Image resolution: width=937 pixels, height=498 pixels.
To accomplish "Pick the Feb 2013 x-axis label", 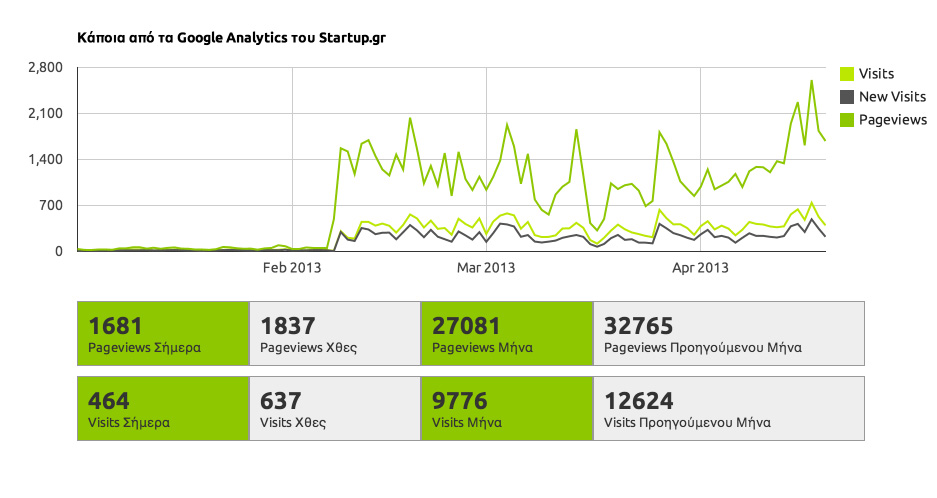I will [292, 268].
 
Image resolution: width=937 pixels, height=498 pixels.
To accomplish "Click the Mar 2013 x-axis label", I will [485, 268].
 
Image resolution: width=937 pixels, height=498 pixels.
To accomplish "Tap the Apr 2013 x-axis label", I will [700, 268].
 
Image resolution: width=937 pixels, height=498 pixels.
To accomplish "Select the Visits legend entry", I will [876, 74].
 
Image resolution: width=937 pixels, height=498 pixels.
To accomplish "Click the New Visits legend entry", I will [892, 97].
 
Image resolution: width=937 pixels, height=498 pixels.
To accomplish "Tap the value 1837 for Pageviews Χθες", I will [287, 326].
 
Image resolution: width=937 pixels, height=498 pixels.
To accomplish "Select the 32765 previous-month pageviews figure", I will [638, 326].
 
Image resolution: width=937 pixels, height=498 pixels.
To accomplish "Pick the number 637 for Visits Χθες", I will [280, 401].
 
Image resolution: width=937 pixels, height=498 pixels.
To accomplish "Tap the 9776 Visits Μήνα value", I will [459, 401].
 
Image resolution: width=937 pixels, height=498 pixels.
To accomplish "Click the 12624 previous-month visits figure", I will [638, 401].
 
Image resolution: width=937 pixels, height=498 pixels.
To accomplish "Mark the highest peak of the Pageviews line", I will [811, 81].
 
